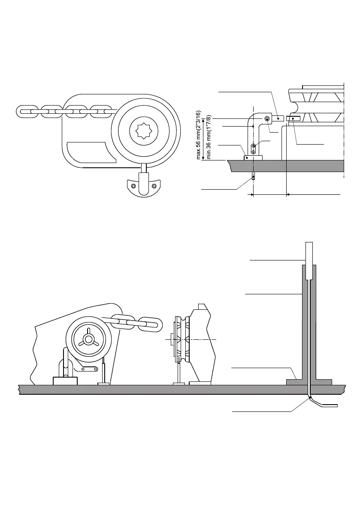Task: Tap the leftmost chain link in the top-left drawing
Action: click(x=29, y=111)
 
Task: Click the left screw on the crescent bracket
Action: click(x=134, y=186)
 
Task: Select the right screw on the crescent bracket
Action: click(x=154, y=186)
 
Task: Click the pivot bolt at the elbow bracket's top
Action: click(x=267, y=118)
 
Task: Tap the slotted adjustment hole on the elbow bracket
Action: click(x=254, y=148)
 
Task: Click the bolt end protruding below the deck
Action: click(x=254, y=176)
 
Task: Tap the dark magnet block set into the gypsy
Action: click(x=295, y=118)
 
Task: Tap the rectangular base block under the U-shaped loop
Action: click(x=64, y=381)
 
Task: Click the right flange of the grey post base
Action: click(x=324, y=382)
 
